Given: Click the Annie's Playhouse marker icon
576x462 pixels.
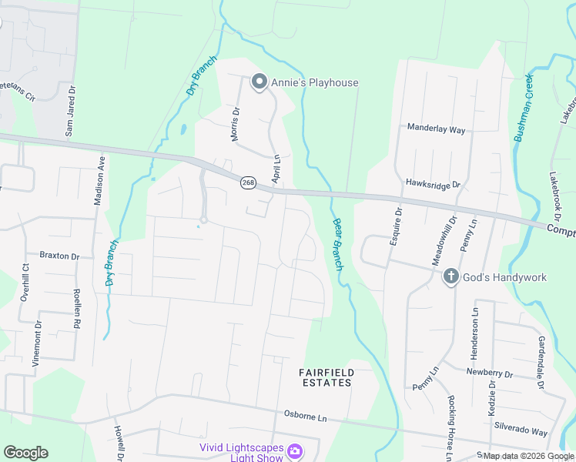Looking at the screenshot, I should [x=260, y=82].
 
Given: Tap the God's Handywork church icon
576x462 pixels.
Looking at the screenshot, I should [x=450, y=276].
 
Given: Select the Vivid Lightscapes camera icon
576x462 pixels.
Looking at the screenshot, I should [x=294, y=450].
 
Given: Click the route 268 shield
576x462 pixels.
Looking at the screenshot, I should [x=247, y=182].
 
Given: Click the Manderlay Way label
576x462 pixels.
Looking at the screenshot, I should [x=436, y=129].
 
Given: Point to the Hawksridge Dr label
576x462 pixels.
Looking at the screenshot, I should [x=432, y=185].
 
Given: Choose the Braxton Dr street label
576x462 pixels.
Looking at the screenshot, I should [x=60, y=255].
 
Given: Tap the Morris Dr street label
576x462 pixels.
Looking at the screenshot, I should [x=236, y=122].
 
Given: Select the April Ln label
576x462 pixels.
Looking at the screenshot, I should [x=275, y=169].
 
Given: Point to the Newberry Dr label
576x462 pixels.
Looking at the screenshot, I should [x=489, y=373].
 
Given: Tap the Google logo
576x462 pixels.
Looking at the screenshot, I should [x=25, y=453].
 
